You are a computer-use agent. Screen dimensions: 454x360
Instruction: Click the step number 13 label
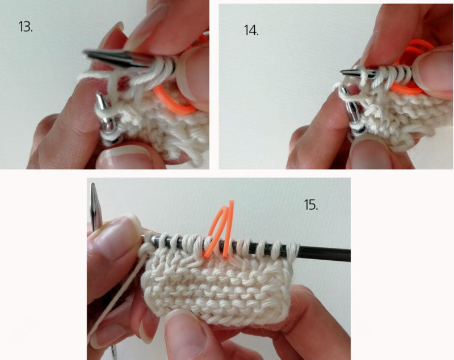click(26, 27)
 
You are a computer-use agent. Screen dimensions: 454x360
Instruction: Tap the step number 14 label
click(251, 31)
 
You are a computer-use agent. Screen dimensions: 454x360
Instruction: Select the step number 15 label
click(311, 205)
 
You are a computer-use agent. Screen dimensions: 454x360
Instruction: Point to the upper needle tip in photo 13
click(85, 53)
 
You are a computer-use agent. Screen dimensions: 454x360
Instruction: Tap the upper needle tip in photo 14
click(342, 71)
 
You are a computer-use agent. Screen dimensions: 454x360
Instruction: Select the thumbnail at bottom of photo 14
click(369, 153)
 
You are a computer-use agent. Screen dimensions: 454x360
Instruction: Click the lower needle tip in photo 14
click(344, 88)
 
